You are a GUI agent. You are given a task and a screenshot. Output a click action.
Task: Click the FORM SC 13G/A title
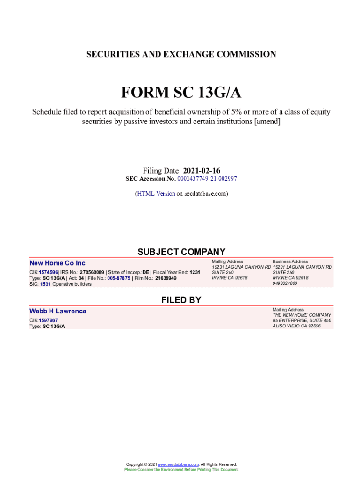coord(181,93)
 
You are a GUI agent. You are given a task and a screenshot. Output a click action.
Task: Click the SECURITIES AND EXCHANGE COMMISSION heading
coord(181,54)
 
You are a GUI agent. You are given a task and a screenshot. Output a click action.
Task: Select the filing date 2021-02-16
coord(202,171)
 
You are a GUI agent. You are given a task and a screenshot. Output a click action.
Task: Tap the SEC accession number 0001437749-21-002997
coord(207,179)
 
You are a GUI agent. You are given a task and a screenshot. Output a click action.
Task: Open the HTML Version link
coord(156,193)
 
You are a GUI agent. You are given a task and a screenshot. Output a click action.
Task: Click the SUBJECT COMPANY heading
coord(181,252)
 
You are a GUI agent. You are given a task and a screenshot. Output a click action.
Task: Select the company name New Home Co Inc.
coord(58,263)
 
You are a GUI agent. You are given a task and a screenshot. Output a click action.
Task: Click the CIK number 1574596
coord(48,272)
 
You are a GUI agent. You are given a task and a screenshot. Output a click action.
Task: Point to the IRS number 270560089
coord(92,272)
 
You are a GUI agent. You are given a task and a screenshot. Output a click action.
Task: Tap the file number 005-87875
coord(119,278)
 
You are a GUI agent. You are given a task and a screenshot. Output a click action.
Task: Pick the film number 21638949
coord(166,278)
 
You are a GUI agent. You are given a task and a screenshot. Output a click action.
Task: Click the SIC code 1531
coord(45,284)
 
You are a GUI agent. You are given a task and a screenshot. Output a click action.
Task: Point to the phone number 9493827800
coord(285,283)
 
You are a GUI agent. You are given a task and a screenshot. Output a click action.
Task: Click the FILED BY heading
coord(181,300)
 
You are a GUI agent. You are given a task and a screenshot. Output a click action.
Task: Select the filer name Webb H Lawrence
coord(58,311)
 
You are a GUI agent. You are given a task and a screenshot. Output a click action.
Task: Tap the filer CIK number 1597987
coord(48,320)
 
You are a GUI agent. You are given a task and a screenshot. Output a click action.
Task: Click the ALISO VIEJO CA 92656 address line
coord(296,326)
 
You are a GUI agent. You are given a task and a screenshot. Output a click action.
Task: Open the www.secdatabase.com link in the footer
coord(179,464)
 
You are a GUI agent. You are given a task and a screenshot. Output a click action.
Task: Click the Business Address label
coord(290,261)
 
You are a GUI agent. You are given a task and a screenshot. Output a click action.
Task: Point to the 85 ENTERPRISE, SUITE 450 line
coord(302,320)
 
